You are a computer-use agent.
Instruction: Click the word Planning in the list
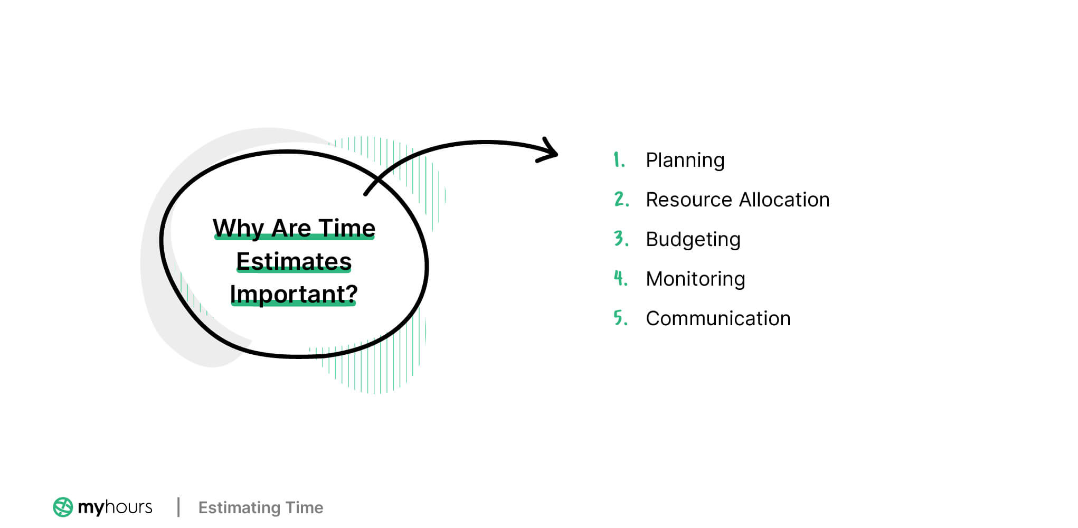[x=685, y=161]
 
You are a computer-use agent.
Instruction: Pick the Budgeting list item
[x=693, y=240]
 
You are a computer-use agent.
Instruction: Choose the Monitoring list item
[x=695, y=279]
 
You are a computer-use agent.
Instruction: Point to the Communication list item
[x=718, y=319]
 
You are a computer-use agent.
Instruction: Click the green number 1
[x=618, y=159]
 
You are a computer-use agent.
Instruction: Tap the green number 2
[x=620, y=199]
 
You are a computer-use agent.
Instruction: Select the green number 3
[x=620, y=239]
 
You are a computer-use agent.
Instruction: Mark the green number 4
[x=620, y=278]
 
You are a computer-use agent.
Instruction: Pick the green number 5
[x=620, y=318]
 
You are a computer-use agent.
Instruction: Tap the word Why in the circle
[x=238, y=229]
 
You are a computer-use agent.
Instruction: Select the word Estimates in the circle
[x=294, y=262]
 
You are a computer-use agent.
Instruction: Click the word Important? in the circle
[x=294, y=294]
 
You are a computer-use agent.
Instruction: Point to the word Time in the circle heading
[x=347, y=229]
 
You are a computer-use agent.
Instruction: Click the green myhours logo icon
[x=63, y=507]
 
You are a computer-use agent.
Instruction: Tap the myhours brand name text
[x=115, y=507]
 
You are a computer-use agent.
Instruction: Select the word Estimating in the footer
[x=239, y=508]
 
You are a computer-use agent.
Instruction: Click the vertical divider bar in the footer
[x=178, y=507]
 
